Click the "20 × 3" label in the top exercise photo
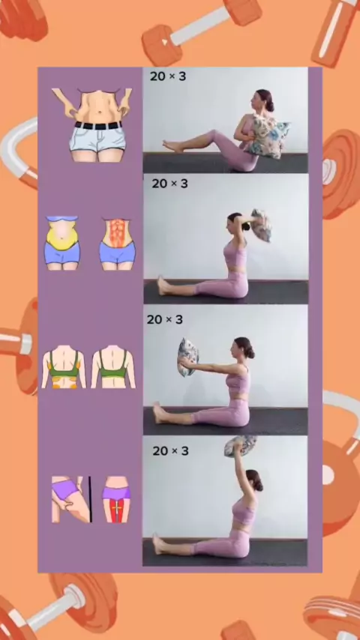167,76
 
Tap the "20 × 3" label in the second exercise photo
169,184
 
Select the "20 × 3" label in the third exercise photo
165,319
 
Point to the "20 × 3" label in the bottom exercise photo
170,451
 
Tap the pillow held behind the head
261,225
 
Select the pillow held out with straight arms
188,357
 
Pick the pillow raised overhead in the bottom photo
240,445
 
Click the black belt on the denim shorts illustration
98,125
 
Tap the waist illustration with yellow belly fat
61,243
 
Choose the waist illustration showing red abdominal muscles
117,244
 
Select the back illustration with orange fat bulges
64,366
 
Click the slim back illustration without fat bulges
113,366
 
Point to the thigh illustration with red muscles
116,499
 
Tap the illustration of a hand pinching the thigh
70,499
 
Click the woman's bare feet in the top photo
172,145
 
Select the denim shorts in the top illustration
97,138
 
